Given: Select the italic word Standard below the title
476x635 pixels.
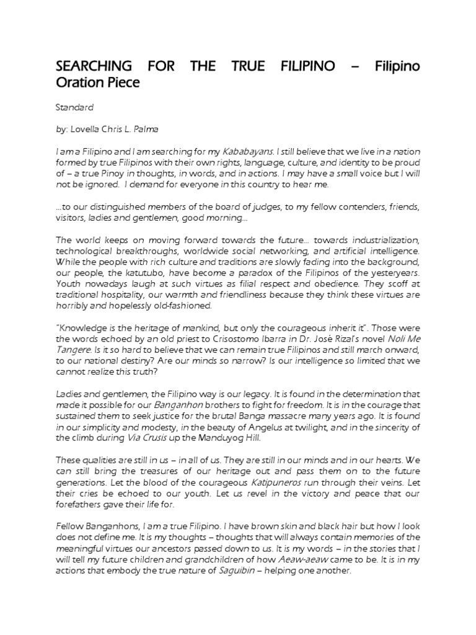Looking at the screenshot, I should (x=74, y=107).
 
